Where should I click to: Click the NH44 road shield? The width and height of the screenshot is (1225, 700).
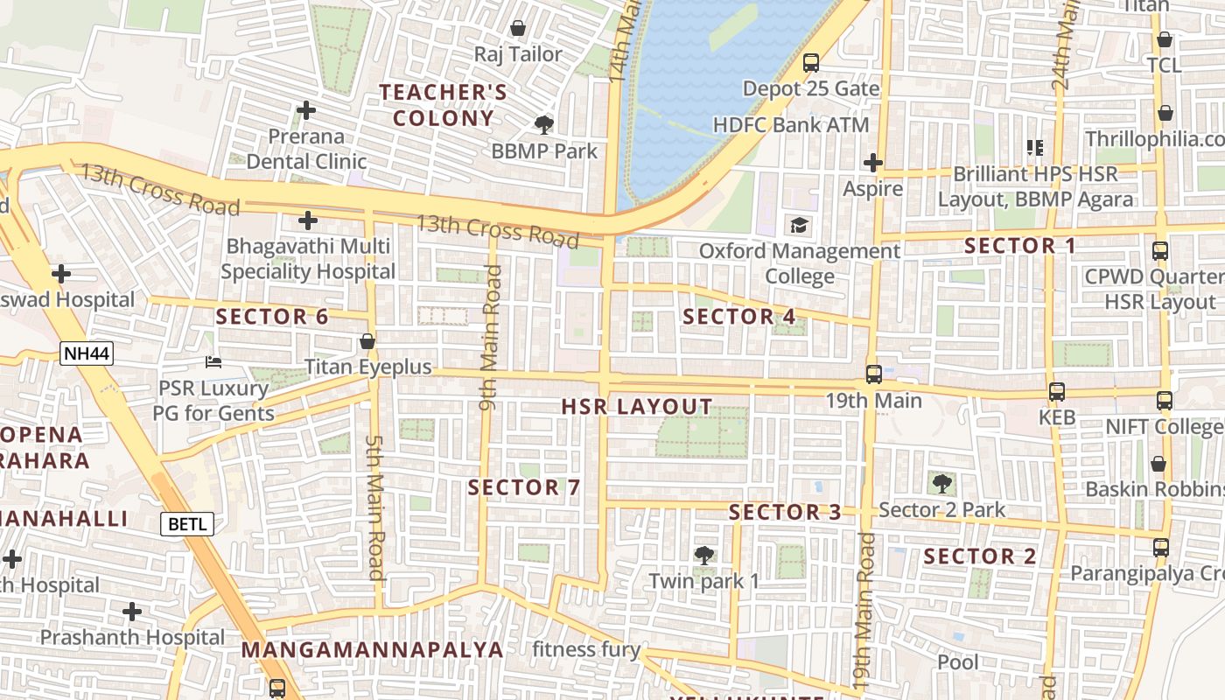[x=87, y=353]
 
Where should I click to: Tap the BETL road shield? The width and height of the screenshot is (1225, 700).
[x=186, y=524]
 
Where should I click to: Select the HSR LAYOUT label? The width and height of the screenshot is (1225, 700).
[x=637, y=407]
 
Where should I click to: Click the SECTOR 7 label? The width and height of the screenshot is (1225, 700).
[x=524, y=487]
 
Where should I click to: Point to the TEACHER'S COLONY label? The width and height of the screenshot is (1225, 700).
[x=443, y=105]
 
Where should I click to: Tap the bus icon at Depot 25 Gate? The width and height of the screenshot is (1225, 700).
[x=811, y=63]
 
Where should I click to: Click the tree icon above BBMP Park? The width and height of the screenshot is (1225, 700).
[x=544, y=124]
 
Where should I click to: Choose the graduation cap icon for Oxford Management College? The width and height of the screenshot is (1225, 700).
[x=800, y=226]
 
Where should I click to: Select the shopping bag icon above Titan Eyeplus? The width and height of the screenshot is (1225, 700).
[x=367, y=340]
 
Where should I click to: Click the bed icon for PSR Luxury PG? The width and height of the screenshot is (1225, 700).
[x=213, y=361]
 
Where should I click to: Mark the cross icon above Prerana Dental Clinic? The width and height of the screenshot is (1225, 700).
[x=305, y=110]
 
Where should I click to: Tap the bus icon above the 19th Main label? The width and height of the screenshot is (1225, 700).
[x=873, y=374]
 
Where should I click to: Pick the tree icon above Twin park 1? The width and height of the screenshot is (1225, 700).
[x=703, y=555]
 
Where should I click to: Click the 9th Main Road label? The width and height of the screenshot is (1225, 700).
[x=491, y=339]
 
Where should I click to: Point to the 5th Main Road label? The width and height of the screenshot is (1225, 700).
[x=375, y=507]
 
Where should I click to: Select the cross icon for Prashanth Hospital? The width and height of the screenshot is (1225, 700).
[x=132, y=611]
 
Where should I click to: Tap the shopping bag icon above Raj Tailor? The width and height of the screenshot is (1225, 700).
[x=518, y=28]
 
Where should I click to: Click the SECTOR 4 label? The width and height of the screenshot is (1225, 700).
[x=739, y=317]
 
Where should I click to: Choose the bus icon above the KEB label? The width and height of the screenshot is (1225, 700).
[x=1057, y=392]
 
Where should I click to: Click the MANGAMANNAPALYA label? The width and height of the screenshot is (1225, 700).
[x=373, y=650]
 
